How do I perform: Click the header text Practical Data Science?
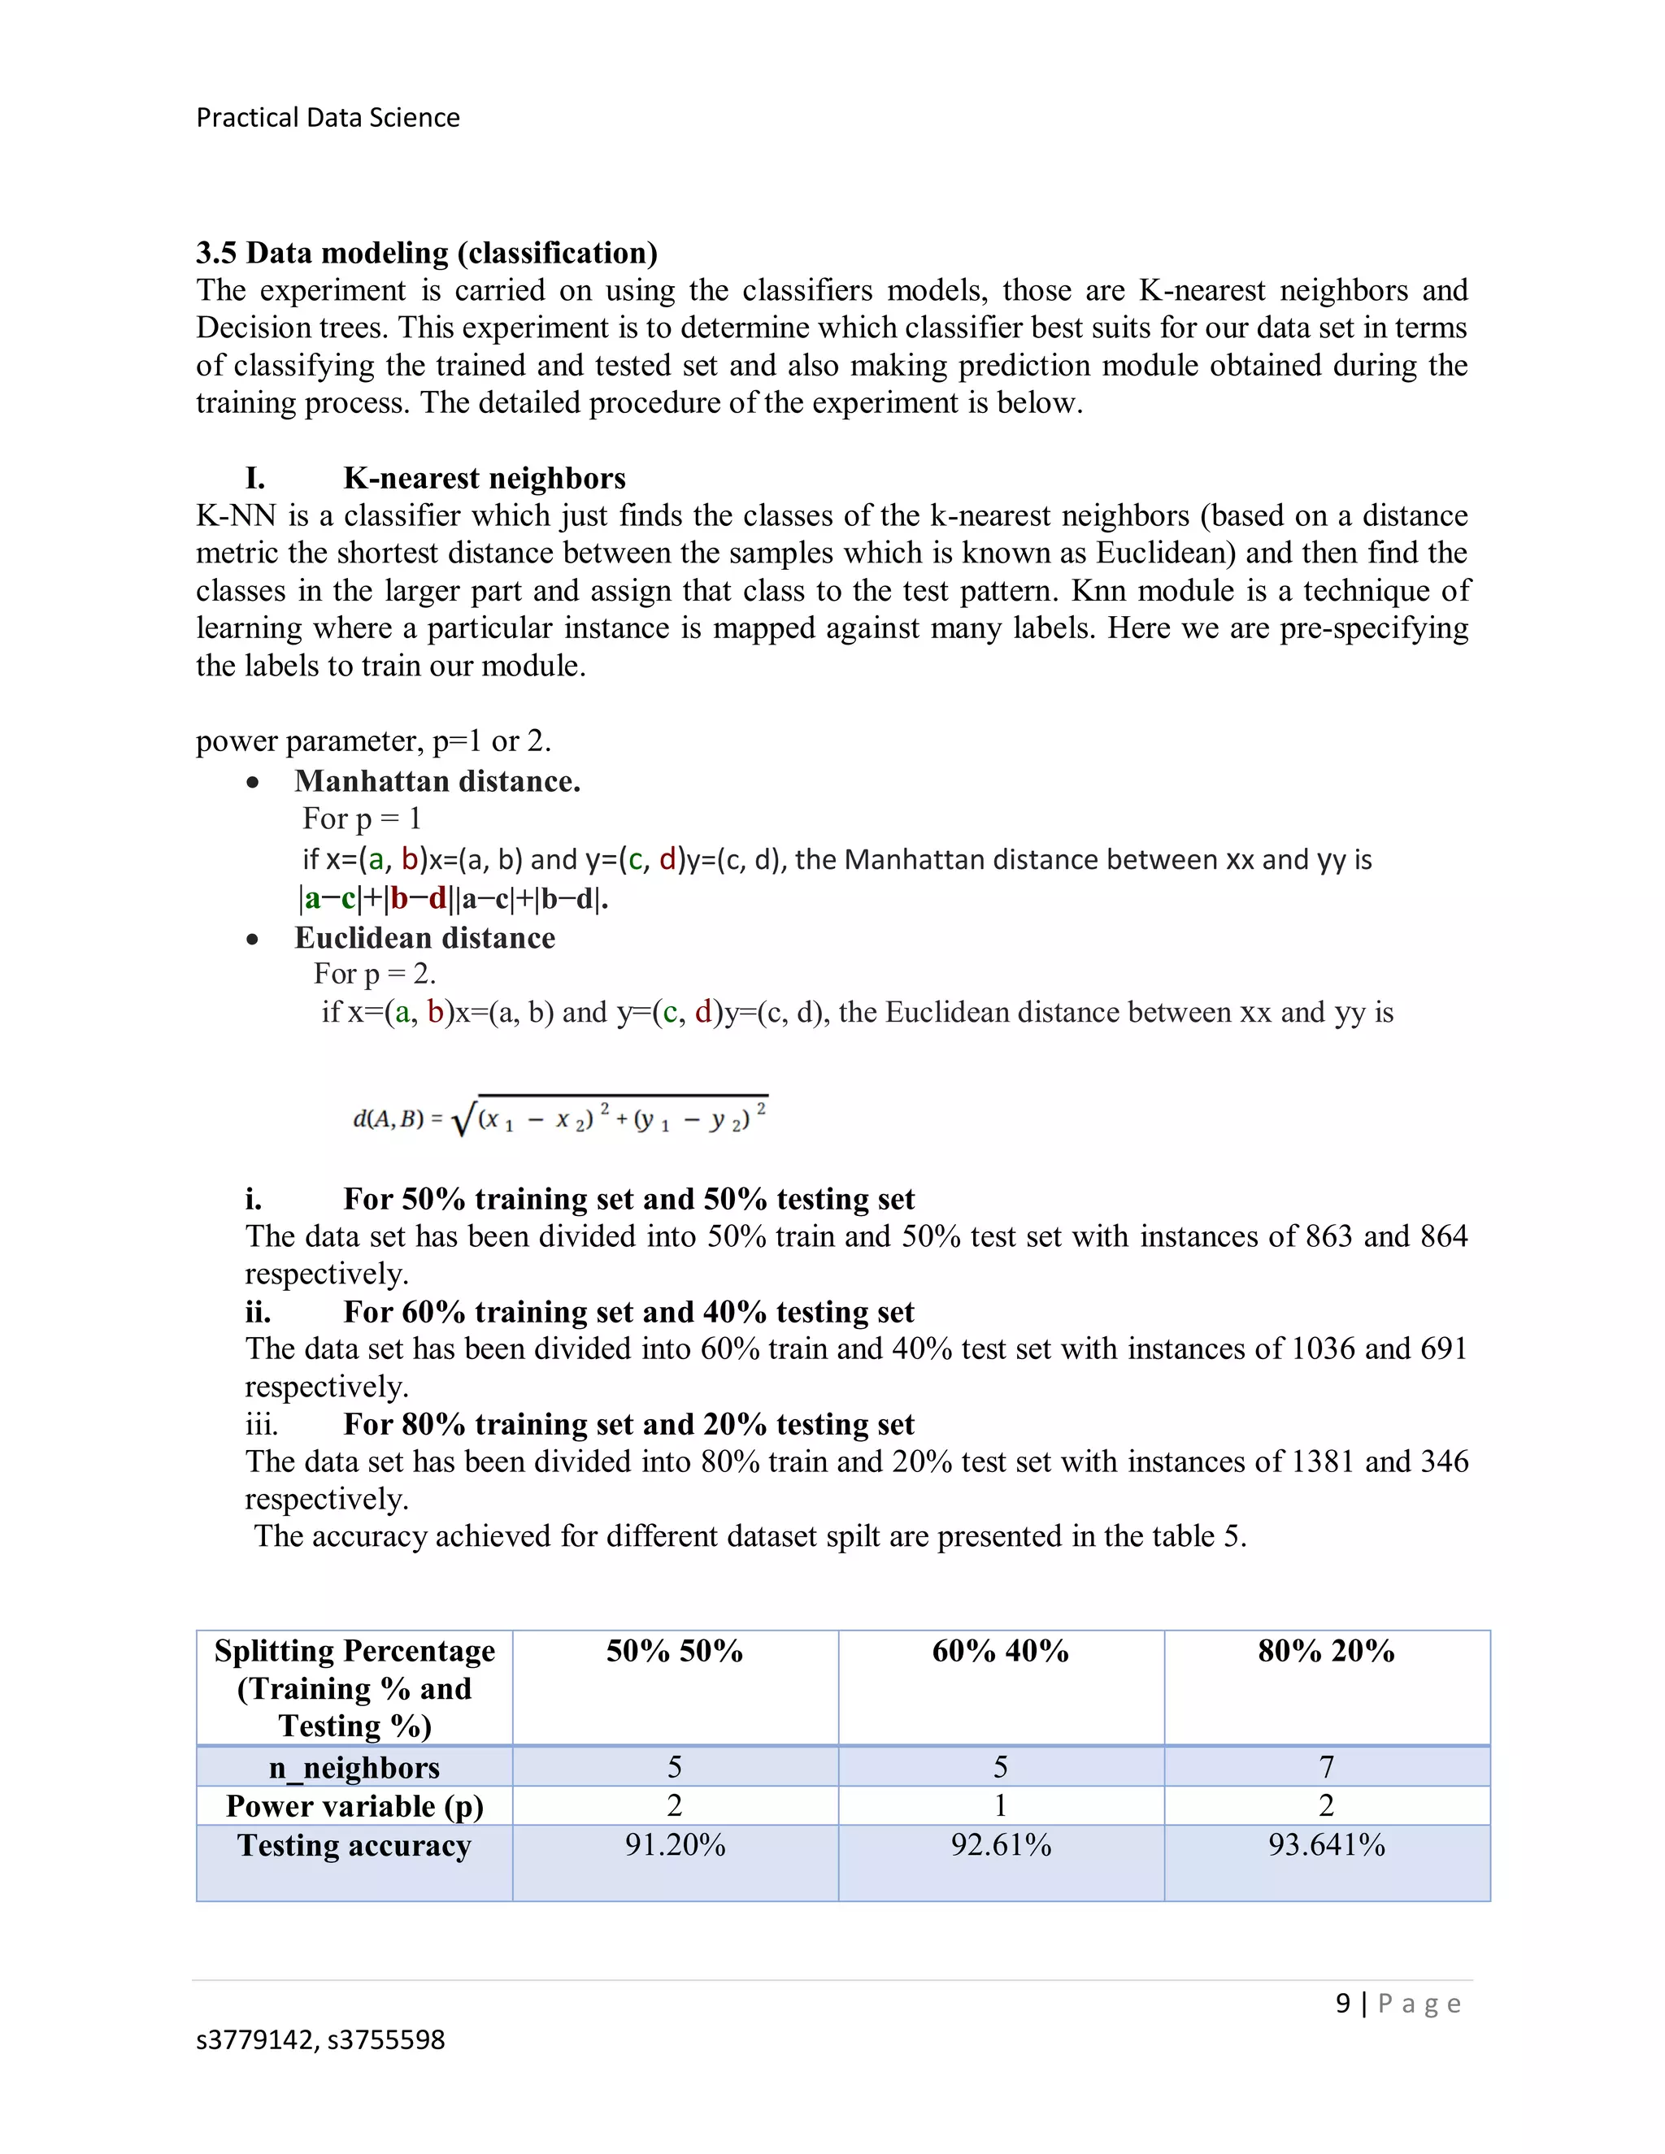click(328, 117)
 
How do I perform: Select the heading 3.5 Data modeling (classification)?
click(426, 253)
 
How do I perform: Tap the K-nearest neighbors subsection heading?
click(484, 478)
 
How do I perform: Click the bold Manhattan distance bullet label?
click(437, 781)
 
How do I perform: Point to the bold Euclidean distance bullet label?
click(424, 938)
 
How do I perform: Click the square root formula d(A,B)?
click(559, 1118)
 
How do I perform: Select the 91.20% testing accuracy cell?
click(675, 1844)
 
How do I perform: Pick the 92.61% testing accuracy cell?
click(1000, 1844)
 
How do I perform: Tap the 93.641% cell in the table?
click(1326, 1844)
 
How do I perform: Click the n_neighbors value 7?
click(1326, 1766)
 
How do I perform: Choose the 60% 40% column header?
click(1000, 1651)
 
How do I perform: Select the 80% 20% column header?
click(1326, 1651)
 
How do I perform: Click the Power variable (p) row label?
click(354, 1806)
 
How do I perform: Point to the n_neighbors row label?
click(354, 1767)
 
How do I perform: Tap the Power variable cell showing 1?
click(1000, 1806)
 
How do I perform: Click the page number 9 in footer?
click(1342, 2003)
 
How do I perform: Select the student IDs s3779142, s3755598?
click(320, 2039)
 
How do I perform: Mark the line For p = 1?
click(361, 819)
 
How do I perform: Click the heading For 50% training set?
click(628, 1198)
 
